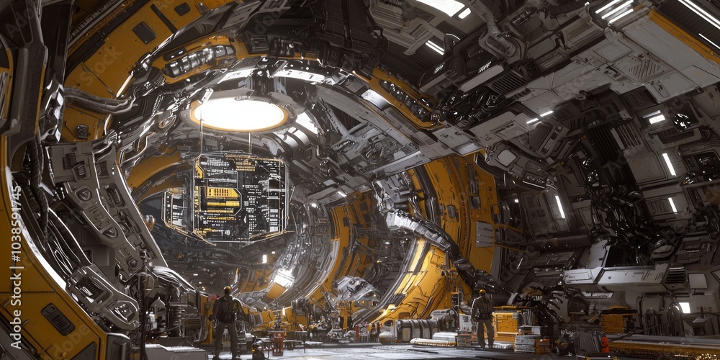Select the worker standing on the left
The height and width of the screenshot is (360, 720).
(226, 320)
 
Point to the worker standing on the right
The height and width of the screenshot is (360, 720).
(483, 318)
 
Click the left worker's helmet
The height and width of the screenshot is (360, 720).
(227, 290)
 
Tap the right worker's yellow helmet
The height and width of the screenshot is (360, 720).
(482, 293)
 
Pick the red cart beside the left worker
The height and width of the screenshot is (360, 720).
(277, 341)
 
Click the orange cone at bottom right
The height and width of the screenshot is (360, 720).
(605, 344)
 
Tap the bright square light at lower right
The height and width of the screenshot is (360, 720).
(684, 307)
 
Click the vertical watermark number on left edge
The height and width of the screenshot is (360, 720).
(15, 238)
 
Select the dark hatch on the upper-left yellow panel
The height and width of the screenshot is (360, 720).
(144, 32)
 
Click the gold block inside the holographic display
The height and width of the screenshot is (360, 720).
(222, 193)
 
